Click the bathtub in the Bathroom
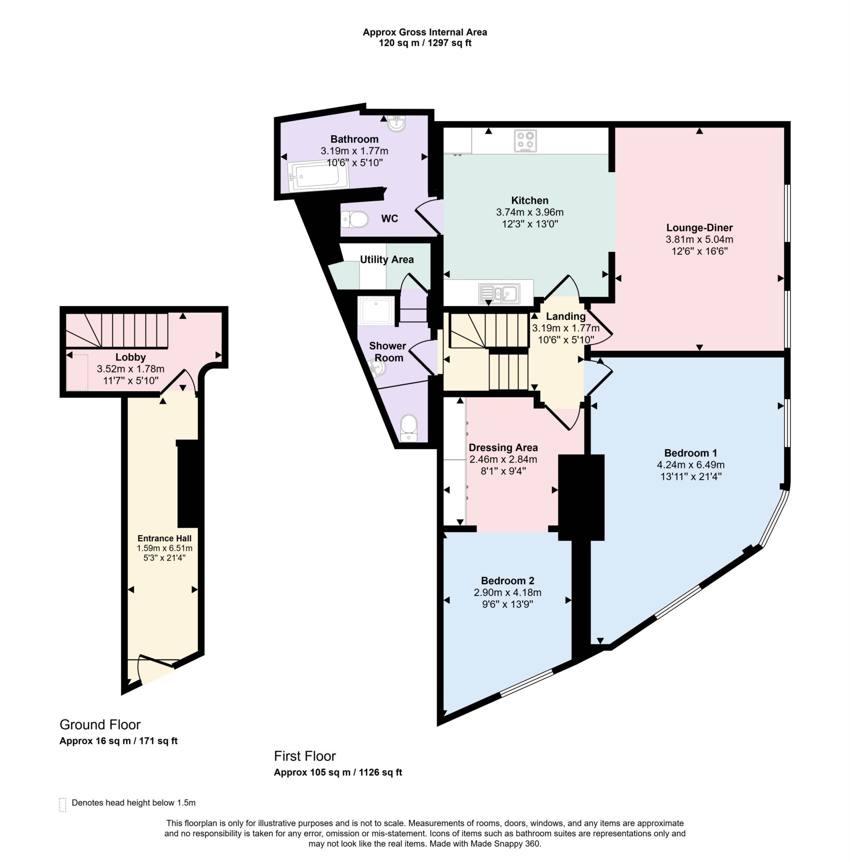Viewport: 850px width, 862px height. pyautogui.click(x=318, y=176)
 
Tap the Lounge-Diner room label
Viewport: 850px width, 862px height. pyautogui.click(x=699, y=228)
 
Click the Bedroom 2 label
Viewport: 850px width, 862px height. pyautogui.click(x=508, y=581)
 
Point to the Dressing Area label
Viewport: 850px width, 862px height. pyautogui.click(x=503, y=447)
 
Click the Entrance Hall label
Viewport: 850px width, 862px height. pyautogui.click(x=164, y=538)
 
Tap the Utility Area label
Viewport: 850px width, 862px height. pyautogui.click(x=387, y=259)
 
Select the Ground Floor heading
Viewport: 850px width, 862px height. pyautogui.click(x=100, y=724)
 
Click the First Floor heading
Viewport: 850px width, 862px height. pyautogui.click(x=305, y=756)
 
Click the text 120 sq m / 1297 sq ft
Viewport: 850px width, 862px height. pyautogui.click(x=425, y=43)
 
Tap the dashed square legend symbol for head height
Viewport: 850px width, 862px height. pyautogui.click(x=62, y=805)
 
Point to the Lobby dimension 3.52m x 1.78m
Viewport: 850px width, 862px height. pyautogui.click(x=131, y=369)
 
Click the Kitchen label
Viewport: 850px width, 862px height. pyautogui.click(x=530, y=200)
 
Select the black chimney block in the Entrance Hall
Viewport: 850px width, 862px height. pyautogui.click(x=188, y=484)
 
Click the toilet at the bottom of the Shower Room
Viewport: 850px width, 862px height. pyautogui.click(x=409, y=428)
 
